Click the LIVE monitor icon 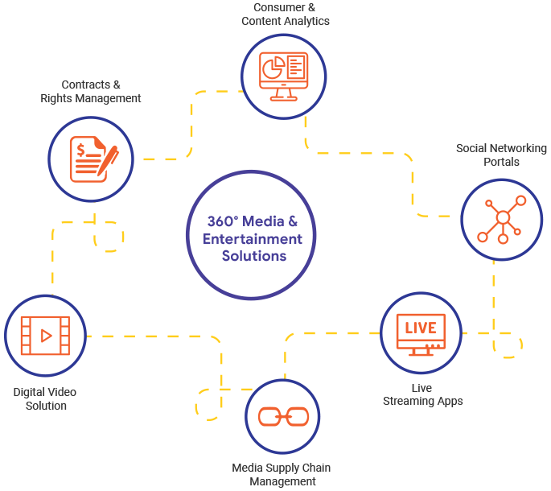coord(420,332)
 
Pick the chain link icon coord(283,417)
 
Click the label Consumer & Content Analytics coord(286,14)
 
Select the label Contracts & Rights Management coord(91,91)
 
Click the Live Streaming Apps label coord(422,394)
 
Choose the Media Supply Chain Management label coord(282,474)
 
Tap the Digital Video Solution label coord(45,398)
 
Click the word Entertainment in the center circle coord(253,239)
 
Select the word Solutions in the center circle coord(253,257)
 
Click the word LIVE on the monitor coord(420,328)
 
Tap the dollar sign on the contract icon coord(82,148)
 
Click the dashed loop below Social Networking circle coord(508,345)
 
